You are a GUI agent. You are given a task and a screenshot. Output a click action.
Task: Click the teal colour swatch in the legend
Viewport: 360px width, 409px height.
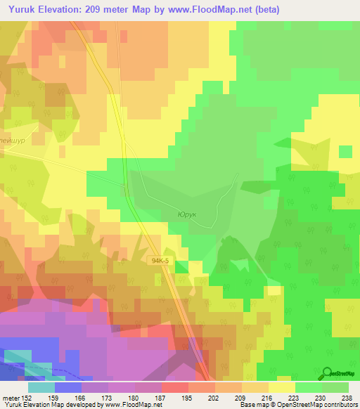coord(41,387)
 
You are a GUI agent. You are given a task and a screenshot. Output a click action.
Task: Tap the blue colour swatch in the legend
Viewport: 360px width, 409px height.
coord(68,387)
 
